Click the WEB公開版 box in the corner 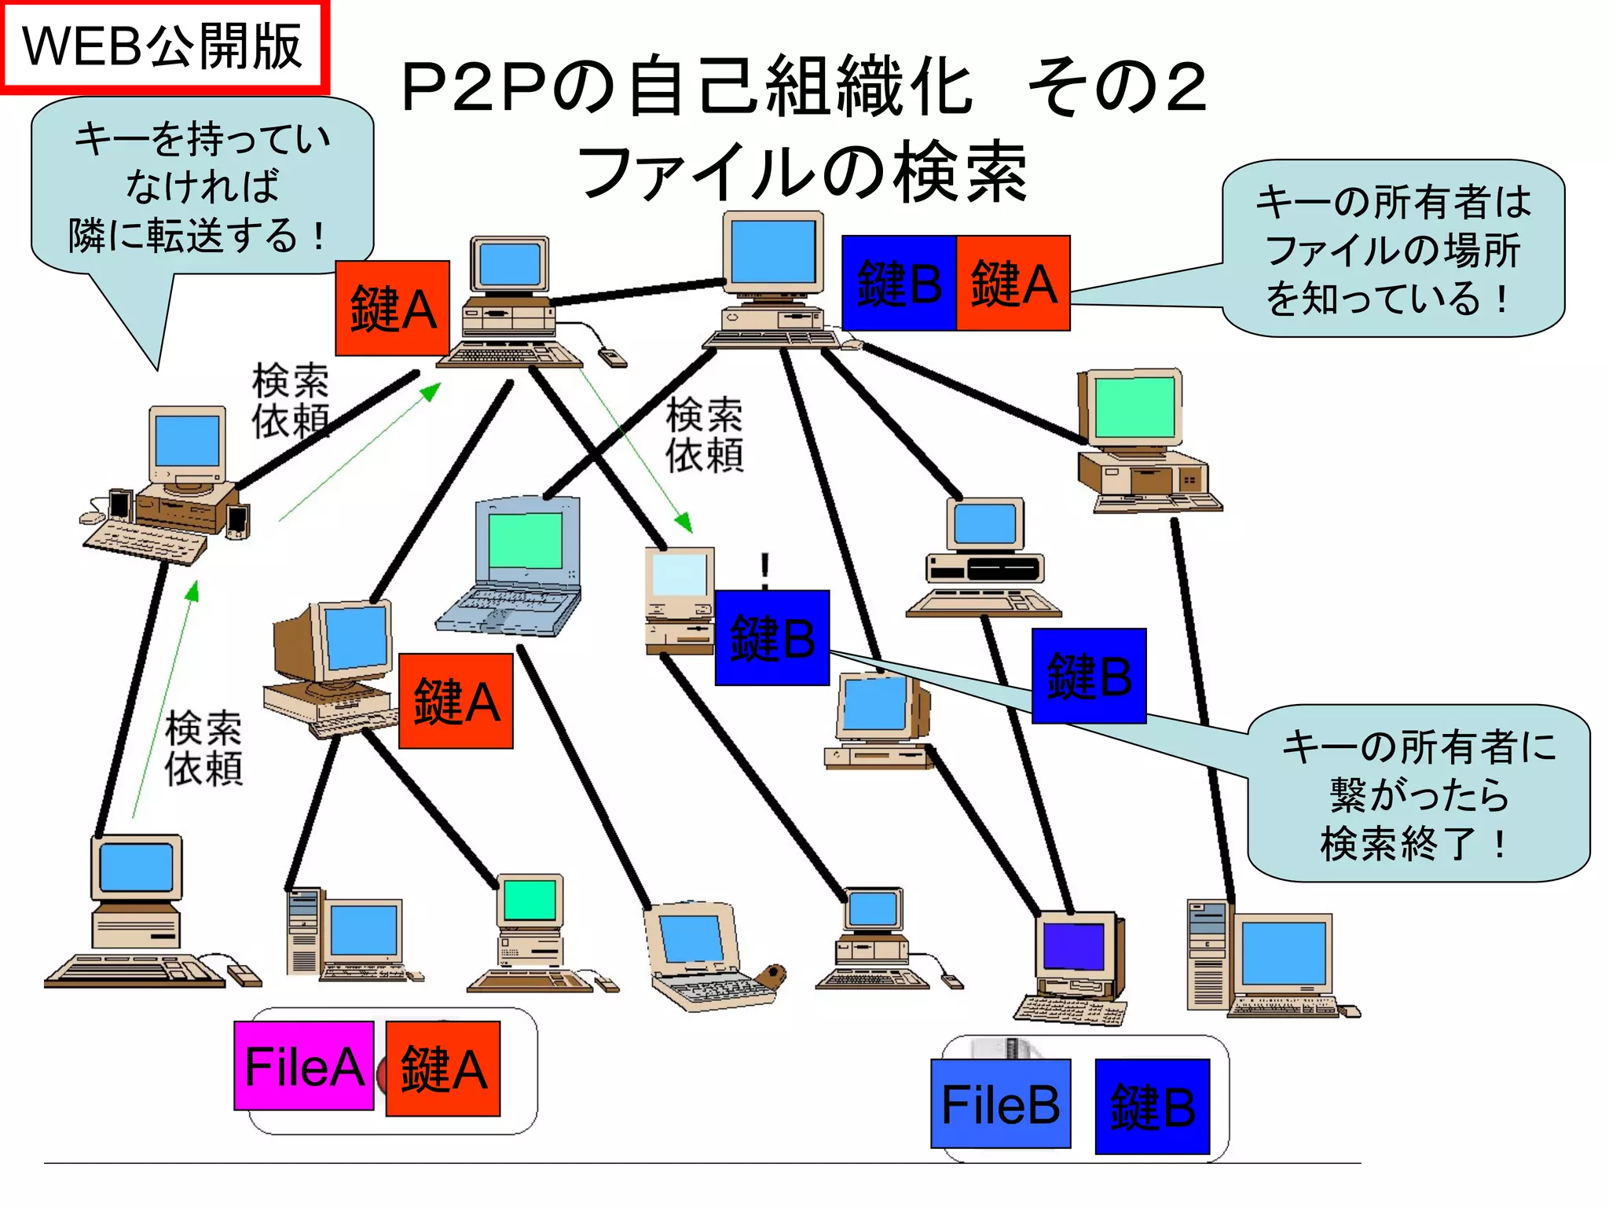pos(163,47)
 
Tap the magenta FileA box pos(304,1066)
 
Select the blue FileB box pos(1000,1104)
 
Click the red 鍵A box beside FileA pos(443,1069)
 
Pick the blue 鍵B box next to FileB pos(1152,1106)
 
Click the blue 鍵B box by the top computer pos(899,283)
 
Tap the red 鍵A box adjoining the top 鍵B pos(1013,283)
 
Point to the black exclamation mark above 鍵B pos(764,570)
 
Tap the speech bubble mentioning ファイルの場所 pos(1392,249)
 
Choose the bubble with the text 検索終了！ pos(1418,794)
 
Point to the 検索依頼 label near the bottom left pos(203,747)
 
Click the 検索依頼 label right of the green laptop pos(704,435)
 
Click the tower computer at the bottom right pos(1265,959)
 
